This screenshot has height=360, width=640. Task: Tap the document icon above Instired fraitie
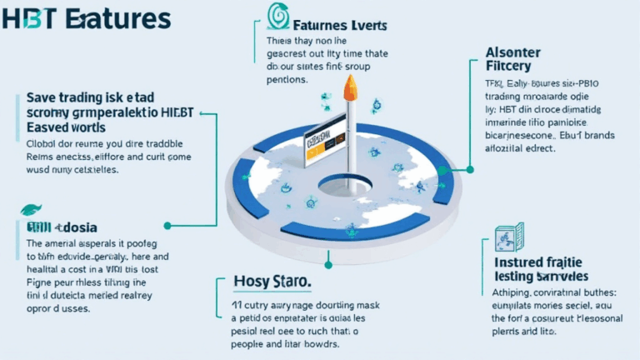[x=508, y=238]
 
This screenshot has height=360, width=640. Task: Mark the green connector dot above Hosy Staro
[x=328, y=265]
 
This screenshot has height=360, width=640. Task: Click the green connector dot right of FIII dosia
[x=168, y=225]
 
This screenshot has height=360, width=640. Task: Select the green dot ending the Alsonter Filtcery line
[x=470, y=169]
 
